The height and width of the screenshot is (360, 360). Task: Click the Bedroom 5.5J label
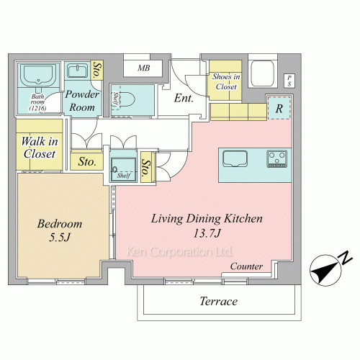60,230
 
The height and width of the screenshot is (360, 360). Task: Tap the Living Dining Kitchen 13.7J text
207,225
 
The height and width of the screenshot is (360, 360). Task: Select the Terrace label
219,301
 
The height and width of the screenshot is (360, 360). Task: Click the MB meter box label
144,68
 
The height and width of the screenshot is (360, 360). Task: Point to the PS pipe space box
289,81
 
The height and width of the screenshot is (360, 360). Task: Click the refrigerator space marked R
279,108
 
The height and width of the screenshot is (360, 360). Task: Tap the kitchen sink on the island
235,158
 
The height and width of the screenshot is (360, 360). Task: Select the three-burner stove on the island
277,158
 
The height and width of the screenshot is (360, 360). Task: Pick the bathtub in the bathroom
38,75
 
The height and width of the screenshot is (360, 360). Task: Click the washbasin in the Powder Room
77,71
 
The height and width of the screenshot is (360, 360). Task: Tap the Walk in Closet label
40,148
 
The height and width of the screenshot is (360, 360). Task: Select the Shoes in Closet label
226,81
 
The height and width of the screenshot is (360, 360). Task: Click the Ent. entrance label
184,98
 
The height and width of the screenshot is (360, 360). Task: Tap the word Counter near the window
246,266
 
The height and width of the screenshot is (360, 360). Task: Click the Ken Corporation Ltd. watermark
179,251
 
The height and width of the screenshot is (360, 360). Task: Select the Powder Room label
82,101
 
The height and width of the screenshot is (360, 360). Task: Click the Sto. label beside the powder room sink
98,70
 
